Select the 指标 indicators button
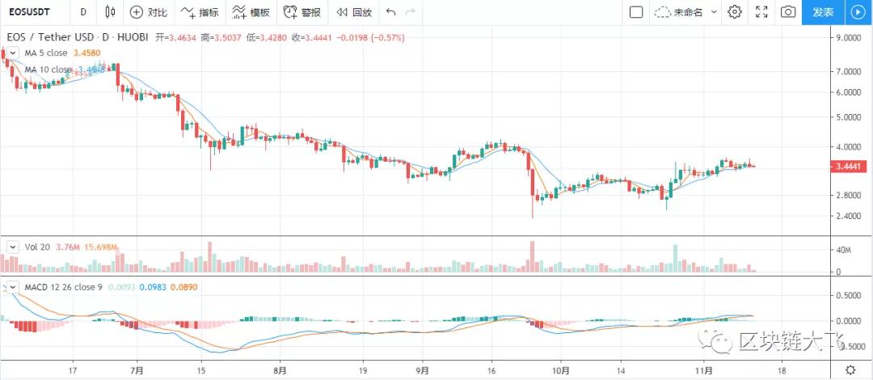200,12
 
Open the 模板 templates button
251,12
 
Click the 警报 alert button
302,12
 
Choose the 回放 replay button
353,12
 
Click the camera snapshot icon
787,12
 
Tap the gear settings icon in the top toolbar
735,12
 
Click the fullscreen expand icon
761,12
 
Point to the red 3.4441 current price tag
851,167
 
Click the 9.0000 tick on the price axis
851,37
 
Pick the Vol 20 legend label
37,247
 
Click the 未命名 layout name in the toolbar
687,12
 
